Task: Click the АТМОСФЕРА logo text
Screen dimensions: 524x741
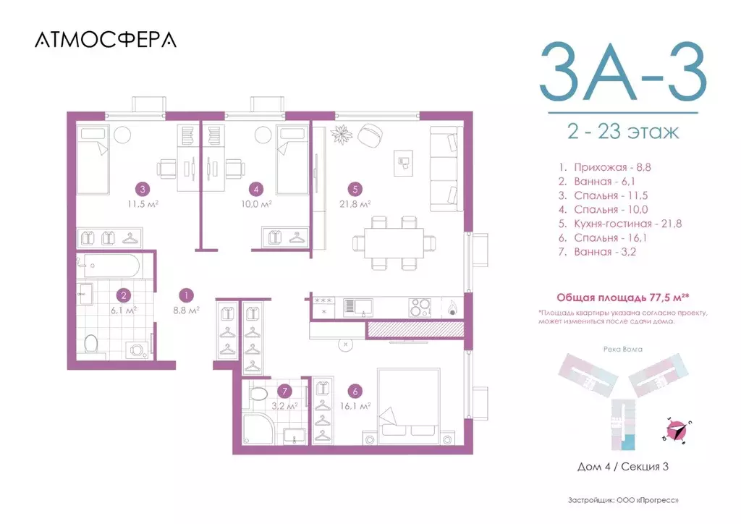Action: tap(106, 40)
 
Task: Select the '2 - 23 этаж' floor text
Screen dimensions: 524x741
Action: tap(622, 132)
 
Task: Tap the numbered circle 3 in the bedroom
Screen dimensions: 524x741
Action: tap(143, 190)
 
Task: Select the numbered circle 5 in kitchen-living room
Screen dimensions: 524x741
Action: tap(353, 190)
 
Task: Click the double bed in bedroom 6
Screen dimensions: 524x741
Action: tap(407, 405)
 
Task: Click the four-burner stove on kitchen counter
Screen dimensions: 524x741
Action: tap(418, 308)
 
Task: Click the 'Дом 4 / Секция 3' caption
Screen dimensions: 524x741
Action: tap(622, 467)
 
